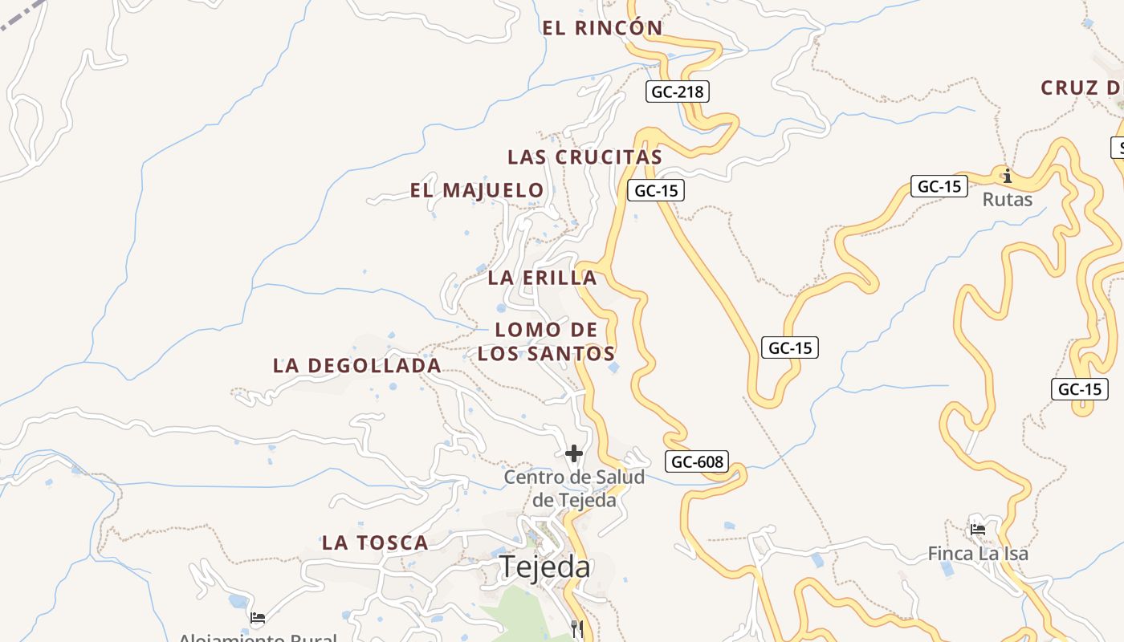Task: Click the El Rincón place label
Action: pos(603,28)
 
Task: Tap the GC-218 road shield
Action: pos(677,91)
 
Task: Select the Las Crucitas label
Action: pos(584,157)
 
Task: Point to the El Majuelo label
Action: pos(477,191)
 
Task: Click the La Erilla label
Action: pos(542,278)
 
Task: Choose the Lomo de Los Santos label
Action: pos(546,341)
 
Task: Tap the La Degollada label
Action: pos(356,366)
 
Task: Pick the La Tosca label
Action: pos(375,542)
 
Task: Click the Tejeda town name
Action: pos(545,567)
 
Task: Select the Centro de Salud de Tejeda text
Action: pos(574,488)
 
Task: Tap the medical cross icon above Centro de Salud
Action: pos(574,453)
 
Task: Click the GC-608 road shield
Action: pos(697,461)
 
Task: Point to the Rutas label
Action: pos(1007,199)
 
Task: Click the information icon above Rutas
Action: pos(1007,175)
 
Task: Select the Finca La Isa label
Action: pos(977,554)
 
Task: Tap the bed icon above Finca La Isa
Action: pos(978,530)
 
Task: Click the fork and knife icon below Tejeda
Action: pos(577,628)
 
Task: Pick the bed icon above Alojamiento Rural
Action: pos(258,618)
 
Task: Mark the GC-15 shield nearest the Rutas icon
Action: pos(939,186)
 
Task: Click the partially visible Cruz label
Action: pos(1081,88)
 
